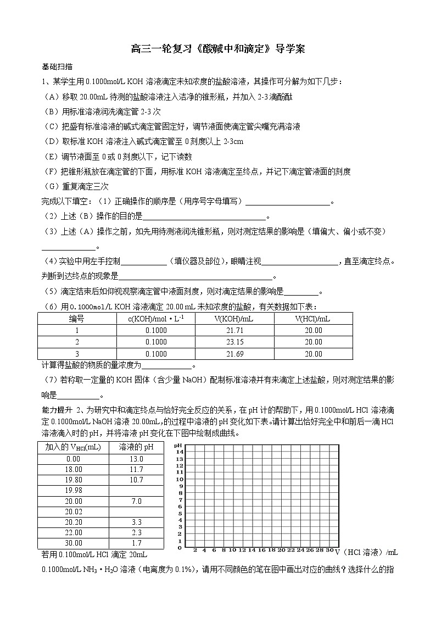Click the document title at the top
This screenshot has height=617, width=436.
point(217,49)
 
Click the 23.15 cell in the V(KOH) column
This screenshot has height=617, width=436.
point(234,342)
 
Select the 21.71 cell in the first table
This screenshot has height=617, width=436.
point(234,330)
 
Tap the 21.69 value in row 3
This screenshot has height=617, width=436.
point(234,354)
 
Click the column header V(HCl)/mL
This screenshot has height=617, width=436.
point(313,318)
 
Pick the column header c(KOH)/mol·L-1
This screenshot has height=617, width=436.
point(156,318)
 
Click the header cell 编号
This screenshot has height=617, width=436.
point(77,318)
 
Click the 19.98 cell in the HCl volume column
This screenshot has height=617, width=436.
point(74,490)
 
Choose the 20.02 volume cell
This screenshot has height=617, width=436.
point(74,512)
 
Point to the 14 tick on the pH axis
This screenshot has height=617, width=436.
point(179,452)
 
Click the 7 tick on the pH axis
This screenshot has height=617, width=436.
point(179,499)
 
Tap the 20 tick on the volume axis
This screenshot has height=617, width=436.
point(281,550)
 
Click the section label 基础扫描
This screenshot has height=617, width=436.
point(57,67)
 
